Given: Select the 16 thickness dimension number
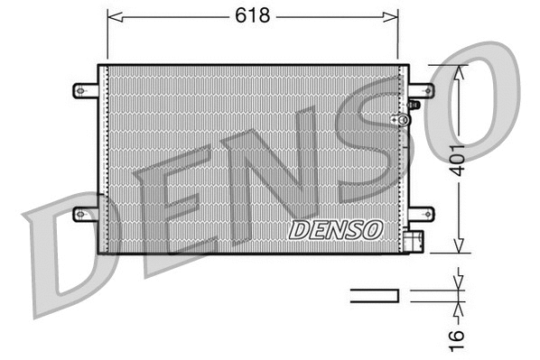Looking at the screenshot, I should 460,335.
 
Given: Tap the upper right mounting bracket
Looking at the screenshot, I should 421,90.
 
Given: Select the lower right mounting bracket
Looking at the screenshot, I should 421,214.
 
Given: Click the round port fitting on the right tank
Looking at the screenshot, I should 395,119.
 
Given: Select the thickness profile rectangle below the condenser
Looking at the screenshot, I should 374,293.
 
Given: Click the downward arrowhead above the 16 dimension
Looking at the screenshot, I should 460,282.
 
